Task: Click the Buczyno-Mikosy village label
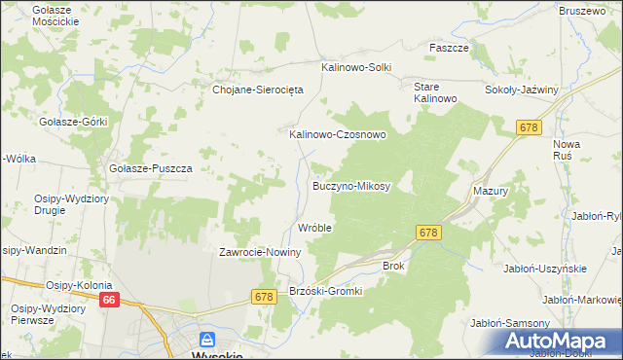351,185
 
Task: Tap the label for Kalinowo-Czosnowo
338,135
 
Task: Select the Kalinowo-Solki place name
356,67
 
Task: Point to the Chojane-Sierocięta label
259,90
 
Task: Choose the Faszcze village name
450,47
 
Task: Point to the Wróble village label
315,228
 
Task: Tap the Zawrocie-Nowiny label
260,252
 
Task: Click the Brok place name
393,265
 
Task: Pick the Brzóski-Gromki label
326,291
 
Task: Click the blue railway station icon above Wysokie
206,340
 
